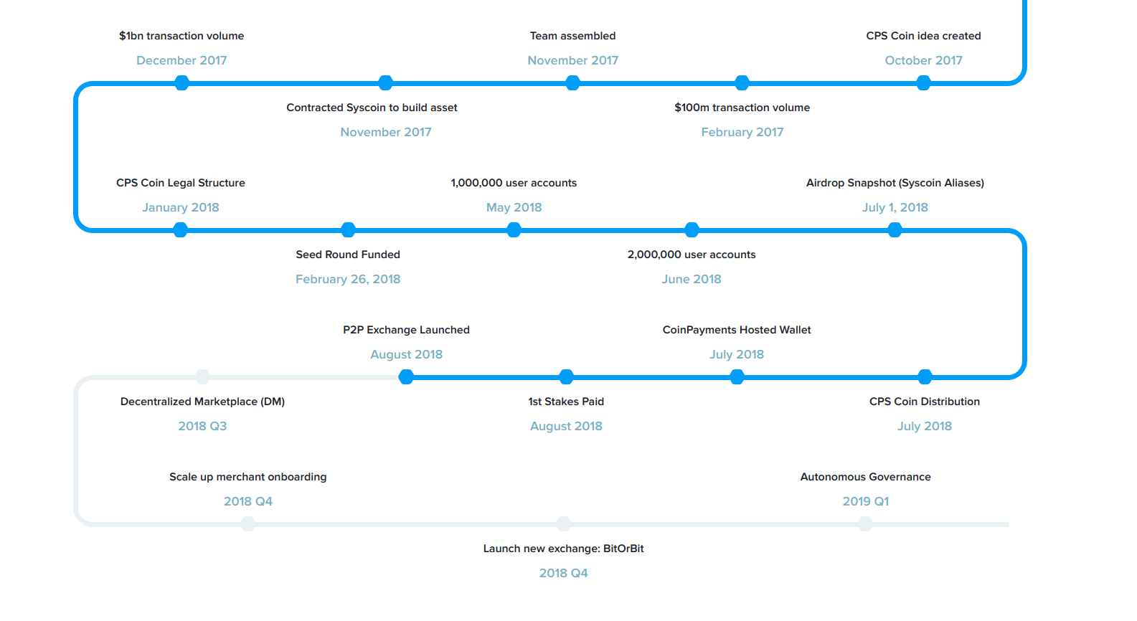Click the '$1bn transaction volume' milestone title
click(x=181, y=36)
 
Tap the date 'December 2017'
click(x=181, y=60)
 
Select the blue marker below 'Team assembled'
click(x=572, y=82)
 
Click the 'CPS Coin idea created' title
click(x=923, y=36)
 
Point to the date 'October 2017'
click(x=923, y=60)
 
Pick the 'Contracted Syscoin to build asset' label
click(x=372, y=108)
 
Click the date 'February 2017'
click(x=742, y=133)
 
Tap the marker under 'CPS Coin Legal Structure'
click(x=180, y=230)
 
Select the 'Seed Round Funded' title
click(x=348, y=255)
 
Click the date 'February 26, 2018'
click(x=348, y=279)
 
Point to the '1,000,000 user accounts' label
click(x=514, y=183)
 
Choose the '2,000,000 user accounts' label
click(x=692, y=255)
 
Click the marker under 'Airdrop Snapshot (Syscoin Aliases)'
click(x=895, y=230)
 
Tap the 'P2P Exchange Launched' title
click(x=406, y=330)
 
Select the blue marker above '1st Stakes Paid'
click(x=566, y=376)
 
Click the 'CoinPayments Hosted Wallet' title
click(x=737, y=330)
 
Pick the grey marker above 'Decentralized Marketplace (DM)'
click(x=202, y=376)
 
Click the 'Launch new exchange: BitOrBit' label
click(x=563, y=549)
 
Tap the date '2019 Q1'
click(x=865, y=502)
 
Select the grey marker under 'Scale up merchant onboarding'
click(x=247, y=523)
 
